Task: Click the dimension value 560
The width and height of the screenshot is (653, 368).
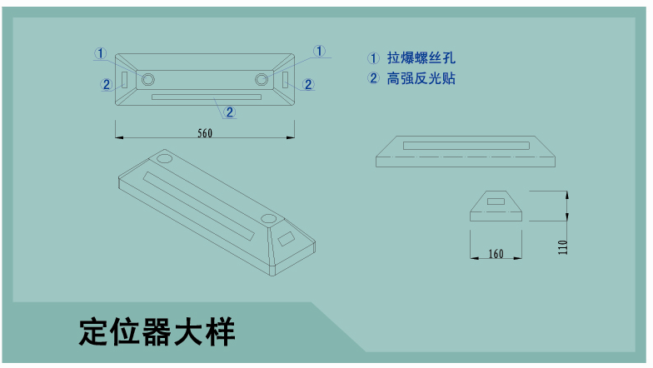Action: [x=205, y=133]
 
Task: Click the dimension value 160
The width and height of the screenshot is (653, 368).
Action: [x=496, y=253]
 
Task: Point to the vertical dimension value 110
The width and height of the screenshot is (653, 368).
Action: [x=563, y=246]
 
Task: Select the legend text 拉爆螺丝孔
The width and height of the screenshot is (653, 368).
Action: [x=421, y=58]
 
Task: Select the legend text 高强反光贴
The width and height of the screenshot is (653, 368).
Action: [x=421, y=79]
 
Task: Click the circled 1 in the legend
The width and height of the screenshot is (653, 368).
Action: [x=373, y=58]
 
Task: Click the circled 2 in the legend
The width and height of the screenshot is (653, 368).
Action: [x=373, y=79]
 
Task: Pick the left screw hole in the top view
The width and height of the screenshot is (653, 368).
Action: [x=148, y=79]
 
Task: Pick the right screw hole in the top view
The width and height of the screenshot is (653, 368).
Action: [x=262, y=79]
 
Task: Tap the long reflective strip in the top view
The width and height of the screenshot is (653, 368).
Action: [x=206, y=97]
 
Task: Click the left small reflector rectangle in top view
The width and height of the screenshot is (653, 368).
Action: [x=124, y=79]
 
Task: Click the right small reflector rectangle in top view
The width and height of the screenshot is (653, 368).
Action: [x=286, y=79]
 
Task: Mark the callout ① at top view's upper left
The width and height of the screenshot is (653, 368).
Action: [x=100, y=53]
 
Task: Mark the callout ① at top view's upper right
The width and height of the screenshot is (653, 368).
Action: [x=319, y=52]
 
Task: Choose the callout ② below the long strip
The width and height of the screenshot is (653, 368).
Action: [x=230, y=111]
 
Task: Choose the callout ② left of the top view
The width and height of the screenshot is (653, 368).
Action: [x=106, y=83]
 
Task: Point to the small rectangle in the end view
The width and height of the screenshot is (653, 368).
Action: [x=496, y=201]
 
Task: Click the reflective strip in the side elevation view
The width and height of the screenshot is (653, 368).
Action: [x=465, y=146]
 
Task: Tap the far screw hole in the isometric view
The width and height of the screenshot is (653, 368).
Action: [x=165, y=157]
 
